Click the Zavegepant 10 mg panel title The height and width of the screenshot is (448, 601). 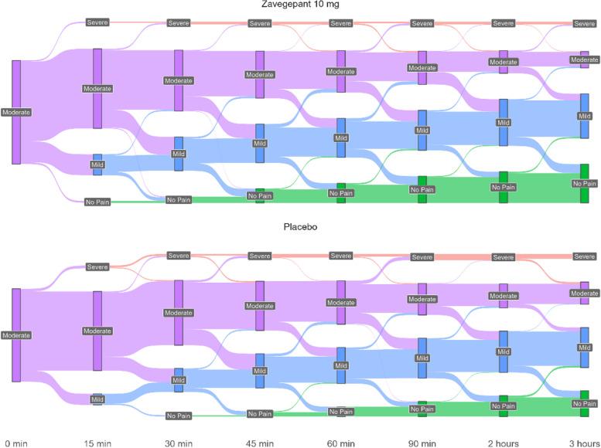(x=299, y=5)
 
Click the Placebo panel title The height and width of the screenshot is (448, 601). (x=299, y=229)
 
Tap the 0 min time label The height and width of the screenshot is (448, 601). (x=16, y=443)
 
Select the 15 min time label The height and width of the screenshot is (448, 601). (x=97, y=443)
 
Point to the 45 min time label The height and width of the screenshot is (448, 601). (x=260, y=443)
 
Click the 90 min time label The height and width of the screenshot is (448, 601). (x=422, y=443)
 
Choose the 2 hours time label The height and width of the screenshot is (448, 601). (x=503, y=443)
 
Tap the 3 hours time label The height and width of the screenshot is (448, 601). (x=584, y=443)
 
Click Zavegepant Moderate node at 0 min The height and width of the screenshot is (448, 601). (x=16, y=112)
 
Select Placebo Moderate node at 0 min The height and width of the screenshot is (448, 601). (x=16, y=335)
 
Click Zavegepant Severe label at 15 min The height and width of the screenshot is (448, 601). (x=97, y=22)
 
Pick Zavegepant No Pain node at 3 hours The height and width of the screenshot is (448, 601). (x=585, y=183)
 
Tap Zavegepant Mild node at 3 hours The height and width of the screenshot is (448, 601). (x=585, y=116)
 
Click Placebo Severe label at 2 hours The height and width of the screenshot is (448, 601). (x=503, y=257)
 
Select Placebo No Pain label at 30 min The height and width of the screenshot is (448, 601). (x=179, y=416)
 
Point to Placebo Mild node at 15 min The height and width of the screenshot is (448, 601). (x=97, y=399)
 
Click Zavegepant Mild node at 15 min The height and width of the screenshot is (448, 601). (x=97, y=165)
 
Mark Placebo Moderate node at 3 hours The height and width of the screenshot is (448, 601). (x=585, y=293)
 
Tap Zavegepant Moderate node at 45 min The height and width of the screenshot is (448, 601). (x=260, y=74)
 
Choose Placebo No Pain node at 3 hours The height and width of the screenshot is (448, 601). (x=585, y=403)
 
